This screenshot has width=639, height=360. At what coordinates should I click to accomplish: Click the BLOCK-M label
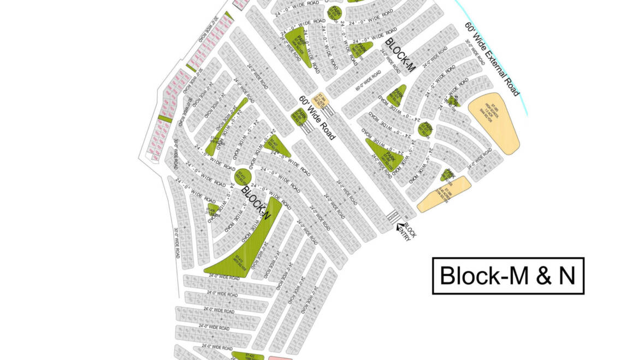coord(400,55)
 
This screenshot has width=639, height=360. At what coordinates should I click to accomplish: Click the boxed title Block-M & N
coord(508,276)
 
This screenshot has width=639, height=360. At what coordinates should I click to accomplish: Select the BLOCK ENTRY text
coord(410,231)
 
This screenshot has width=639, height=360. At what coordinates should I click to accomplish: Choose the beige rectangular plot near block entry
coord(444,194)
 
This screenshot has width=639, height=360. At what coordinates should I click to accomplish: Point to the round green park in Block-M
coord(425,128)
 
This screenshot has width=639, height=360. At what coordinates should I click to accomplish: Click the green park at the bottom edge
coord(248,356)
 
